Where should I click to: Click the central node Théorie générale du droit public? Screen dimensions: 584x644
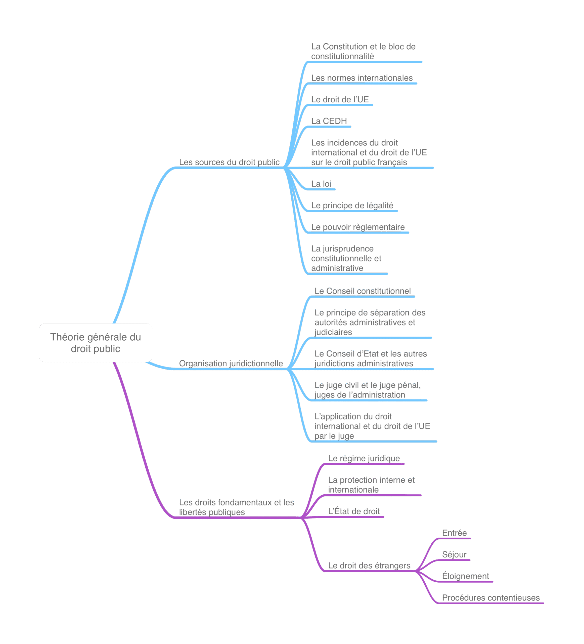click(x=96, y=343)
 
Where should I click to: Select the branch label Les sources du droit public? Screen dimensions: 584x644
click(x=229, y=162)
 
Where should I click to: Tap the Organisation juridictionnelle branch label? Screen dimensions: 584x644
click(x=231, y=364)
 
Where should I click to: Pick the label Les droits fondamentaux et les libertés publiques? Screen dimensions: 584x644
click(x=237, y=507)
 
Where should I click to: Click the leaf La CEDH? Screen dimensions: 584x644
click(x=329, y=121)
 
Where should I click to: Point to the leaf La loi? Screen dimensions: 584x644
click(x=321, y=184)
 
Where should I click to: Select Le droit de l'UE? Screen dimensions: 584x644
click(x=340, y=99)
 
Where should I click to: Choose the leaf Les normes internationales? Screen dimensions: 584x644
click(x=362, y=78)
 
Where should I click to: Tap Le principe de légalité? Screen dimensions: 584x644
click(x=352, y=206)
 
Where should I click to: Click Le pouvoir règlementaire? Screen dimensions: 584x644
click(x=358, y=227)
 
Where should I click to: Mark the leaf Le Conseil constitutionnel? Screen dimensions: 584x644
click(x=363, y=291)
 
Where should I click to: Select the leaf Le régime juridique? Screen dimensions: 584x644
click(x=364, y=458)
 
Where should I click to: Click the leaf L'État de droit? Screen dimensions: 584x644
click(x=354, y=511)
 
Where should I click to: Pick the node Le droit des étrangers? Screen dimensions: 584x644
click(x=369, y=566)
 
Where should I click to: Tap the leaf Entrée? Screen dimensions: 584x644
click(x=454, y=533)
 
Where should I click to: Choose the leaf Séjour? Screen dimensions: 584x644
click(x=454, y=554)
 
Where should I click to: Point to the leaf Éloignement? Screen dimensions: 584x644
click(x=466, y=576)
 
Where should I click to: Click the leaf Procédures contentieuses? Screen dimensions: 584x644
click(x=491, y=598)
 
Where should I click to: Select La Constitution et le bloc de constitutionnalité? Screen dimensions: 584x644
click(x=363, y=51)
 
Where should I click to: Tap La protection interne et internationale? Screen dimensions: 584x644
click(x=371, y=485)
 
